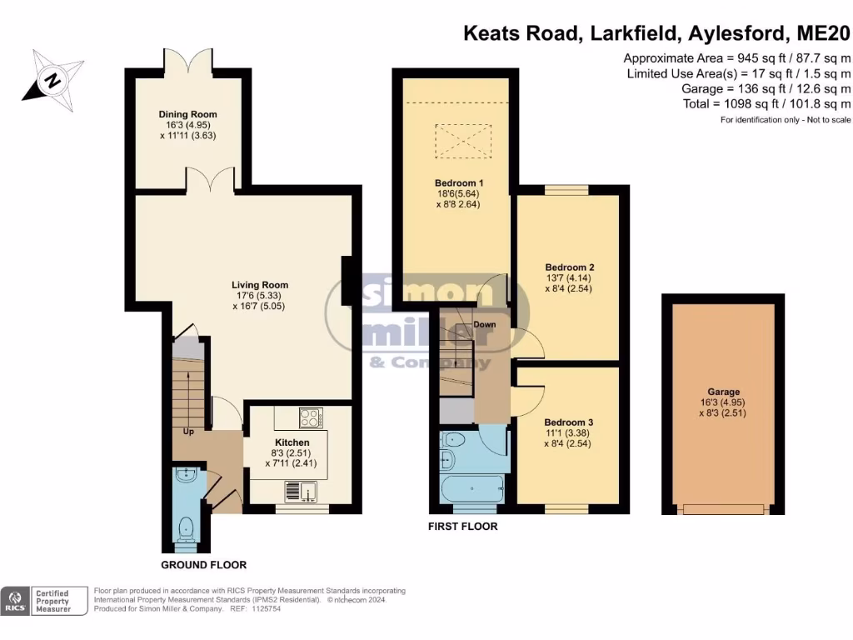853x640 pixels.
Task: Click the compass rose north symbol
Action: tap(52, 81)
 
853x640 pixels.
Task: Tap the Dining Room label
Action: tap(188, 114)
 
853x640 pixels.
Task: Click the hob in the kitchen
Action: tap(310, 416)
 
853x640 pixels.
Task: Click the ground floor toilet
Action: tap(187, 527)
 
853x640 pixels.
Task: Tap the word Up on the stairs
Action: tap(190, 432)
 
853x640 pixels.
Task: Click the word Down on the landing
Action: tap(484, 323)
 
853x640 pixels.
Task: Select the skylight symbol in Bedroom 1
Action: tap(458, 141)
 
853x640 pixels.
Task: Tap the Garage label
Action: tap(724, 392)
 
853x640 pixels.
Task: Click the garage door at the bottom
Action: tap(723, 508)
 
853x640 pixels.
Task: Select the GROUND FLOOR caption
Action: tap(203, 564)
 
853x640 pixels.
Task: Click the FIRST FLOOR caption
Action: tap(462, 527)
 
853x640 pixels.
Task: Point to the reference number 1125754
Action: tap(272, 609)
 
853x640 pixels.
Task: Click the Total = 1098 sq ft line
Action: tap(766, 103)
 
